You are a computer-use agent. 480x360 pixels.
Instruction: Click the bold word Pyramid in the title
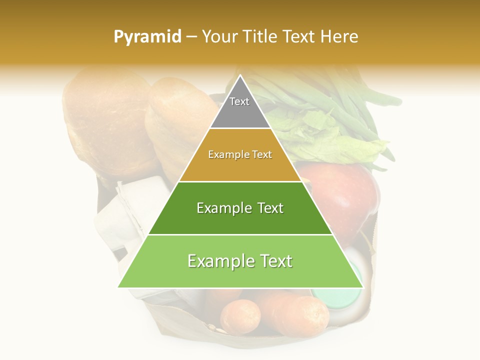pyautogui.click(x=147, y=37)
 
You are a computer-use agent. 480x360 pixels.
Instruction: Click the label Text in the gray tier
pyautogui.click(x=239, y=101)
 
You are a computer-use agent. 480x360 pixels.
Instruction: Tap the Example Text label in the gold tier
pyautogui.click(x=240, y=154)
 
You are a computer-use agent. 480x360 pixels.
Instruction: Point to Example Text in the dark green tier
pyautogui.click(x=240, y=208)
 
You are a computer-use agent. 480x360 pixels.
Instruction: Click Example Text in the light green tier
pyautogui.click(x=240, y=261)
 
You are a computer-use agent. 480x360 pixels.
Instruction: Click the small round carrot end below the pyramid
pyautogui.click(x=240, y=316)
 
